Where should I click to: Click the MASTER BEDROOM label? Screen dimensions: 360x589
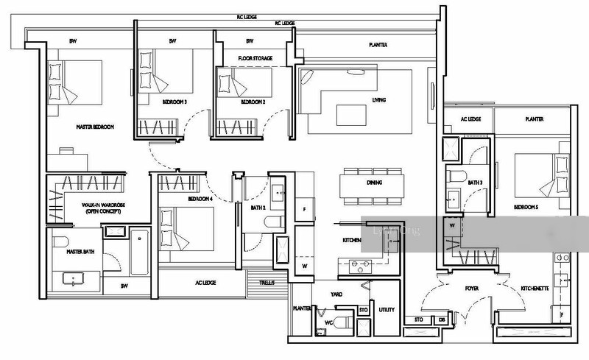coord(95,127)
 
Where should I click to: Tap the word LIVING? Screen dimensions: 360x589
coord(379,99)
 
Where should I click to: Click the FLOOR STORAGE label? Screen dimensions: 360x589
coord(254,57)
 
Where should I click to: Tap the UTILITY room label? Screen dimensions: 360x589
coord(386,311)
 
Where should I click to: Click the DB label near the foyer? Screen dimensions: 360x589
coord(441,320)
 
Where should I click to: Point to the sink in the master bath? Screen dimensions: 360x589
coord(74,278)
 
